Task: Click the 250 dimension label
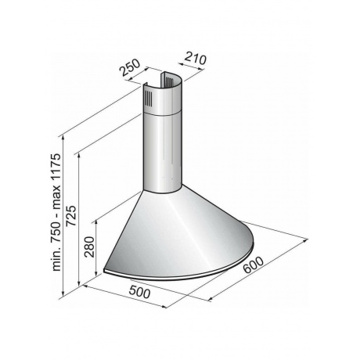[x=130, y=67]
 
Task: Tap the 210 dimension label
[x=196, y=59]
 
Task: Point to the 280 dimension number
[x=90, y=247]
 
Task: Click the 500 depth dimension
[x=139, y=292]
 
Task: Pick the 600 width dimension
[x=254, y=265]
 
